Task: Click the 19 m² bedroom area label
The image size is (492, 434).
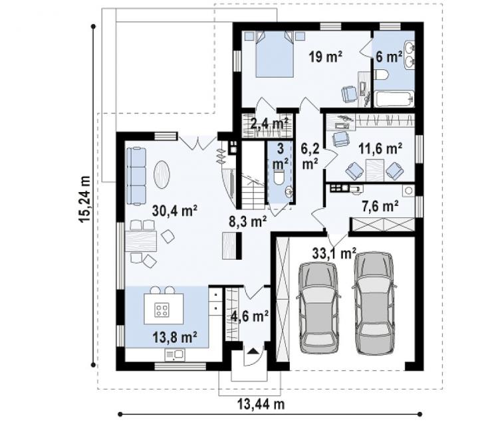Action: pyautogui.click(x=325, y=56)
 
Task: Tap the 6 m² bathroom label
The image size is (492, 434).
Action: pyautogui.click(x=389, y=56)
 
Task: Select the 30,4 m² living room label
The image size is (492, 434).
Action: pyautogui.click(x=174, y=211)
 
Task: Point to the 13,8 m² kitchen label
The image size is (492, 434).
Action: pyautogui.click(x=175, y=338)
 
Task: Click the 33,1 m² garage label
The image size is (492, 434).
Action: pyautogui.click(x=334, y=253)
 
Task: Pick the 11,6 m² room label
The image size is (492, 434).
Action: pyautogui.click(x=380, y=148)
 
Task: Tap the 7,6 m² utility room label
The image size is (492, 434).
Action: pyautogui.click(x=380, y=206)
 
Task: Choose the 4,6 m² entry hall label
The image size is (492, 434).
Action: pyautogui.click(x=250, y=316)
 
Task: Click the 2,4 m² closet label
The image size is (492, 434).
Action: pyautogui.click(x=269, y=124)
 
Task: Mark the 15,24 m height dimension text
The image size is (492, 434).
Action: pyautogui.click(x=84, y=199)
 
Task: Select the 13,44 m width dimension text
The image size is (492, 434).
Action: pyautogui.click(x=261, y=404)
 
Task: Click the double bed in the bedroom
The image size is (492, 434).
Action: pyautogui.click(x=275, y=54)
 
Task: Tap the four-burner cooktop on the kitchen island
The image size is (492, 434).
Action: pyautogui.click(x=162, y=310)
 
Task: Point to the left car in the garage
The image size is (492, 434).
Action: pyautogui.click(x=318, y=308)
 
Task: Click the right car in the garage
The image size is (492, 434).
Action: pyautogui.click(x=374, y=303)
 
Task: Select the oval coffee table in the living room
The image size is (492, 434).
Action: pyautogui.click(x=162, y=174)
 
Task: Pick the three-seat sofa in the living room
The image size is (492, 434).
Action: pyautogui.click(x=136, y=177)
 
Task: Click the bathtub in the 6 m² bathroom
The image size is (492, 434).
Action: pyautogui.click(x=394, y=99)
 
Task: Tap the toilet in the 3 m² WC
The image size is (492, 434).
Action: pyautogui.click(x=279, y=177)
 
